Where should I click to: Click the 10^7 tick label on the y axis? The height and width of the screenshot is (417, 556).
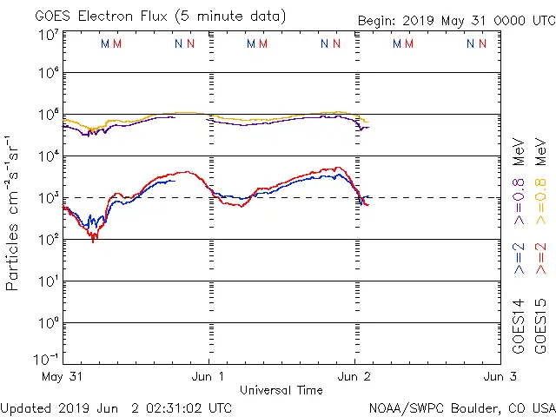(x=49, y=36)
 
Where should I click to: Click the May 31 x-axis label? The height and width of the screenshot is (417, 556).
(x=62, y=377)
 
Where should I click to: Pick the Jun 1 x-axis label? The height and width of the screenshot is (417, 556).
(x=208, y=377)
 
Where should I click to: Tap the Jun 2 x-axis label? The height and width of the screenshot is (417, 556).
(x=354, y=377)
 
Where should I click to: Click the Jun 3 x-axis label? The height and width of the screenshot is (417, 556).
(x=500, y=377)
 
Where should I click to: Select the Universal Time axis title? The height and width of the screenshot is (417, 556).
(x=281, y=390)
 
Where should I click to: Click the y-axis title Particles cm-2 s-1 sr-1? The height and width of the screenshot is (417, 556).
(x=13, y=213)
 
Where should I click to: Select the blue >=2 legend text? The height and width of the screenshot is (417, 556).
(x=520, y=259)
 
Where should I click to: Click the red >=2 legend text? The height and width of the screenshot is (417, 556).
(x=540, y=259)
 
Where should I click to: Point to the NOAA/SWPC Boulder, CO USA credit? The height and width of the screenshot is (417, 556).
(x=461, y=407)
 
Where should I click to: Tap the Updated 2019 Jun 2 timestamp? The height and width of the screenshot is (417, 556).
(x=116, y=407)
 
